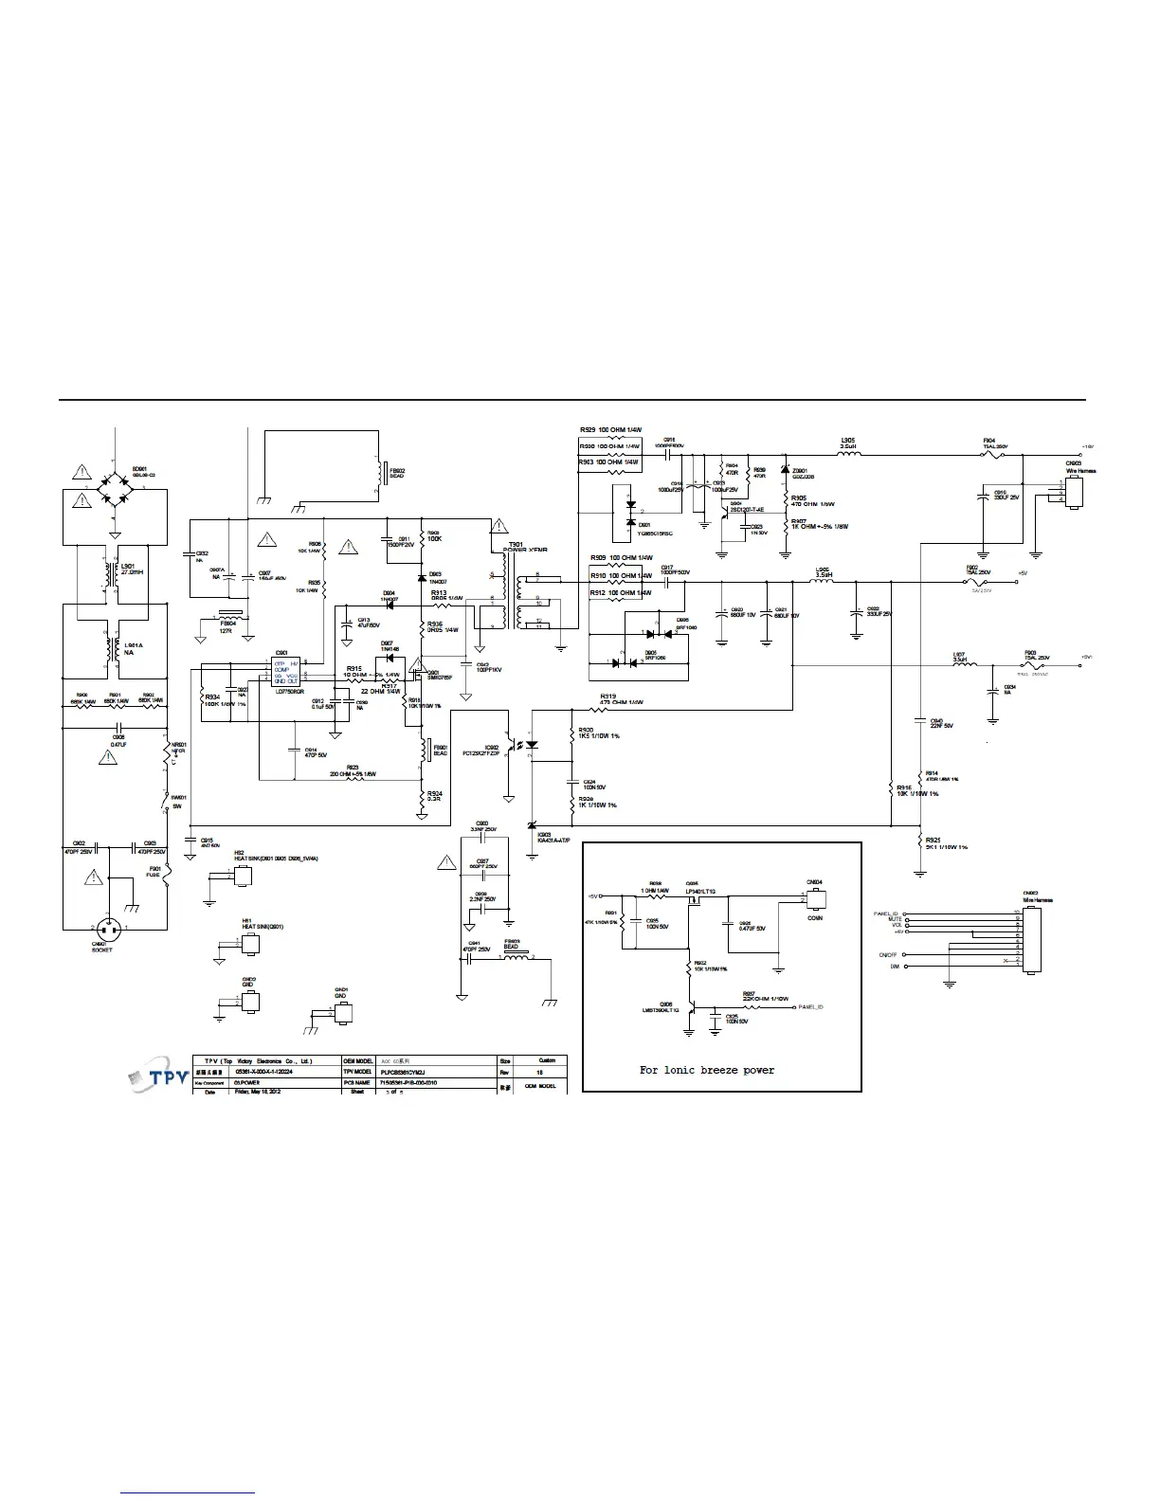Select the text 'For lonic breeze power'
coord(706,1070)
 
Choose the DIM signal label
coord(895,967)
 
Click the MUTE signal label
coord(895,919)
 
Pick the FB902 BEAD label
coord(397,473)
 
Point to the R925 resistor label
coord(933,841)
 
